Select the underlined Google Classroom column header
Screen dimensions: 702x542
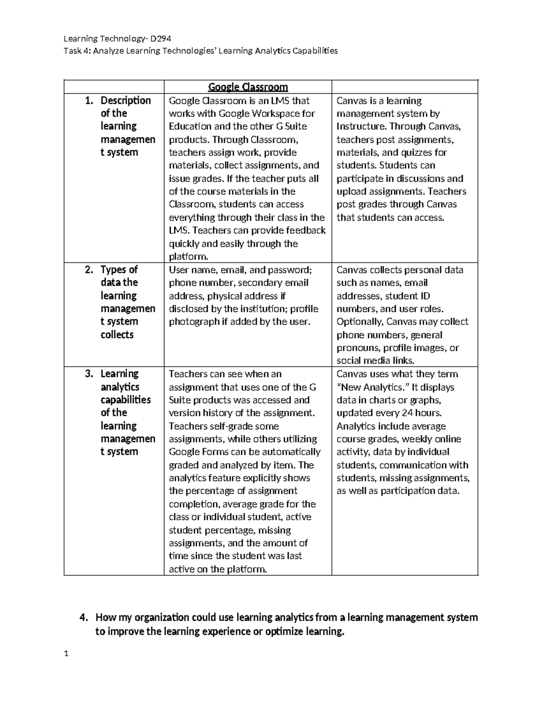[248, 87]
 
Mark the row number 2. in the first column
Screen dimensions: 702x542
[89, 270]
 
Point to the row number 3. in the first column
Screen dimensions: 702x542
[89, 374]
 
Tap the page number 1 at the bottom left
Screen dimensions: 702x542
[66, 653]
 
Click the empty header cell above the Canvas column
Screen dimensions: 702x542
[404, 87]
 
